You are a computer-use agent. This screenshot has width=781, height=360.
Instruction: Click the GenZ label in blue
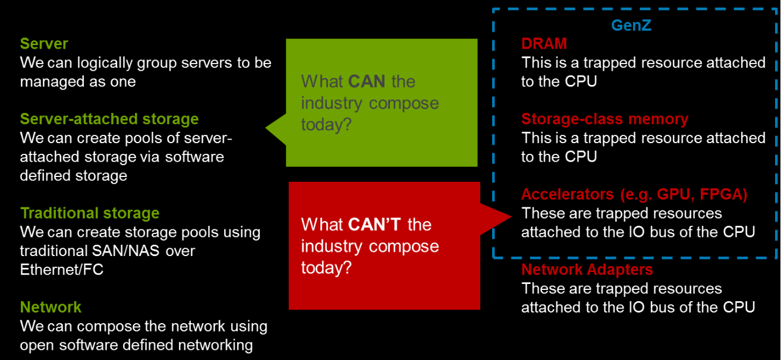(x=631, y=25)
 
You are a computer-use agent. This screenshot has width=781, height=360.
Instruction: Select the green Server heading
(x=44, y=44)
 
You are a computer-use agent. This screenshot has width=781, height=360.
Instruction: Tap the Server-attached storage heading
(x=109, y=119)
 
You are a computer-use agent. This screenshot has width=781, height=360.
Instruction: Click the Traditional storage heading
(x=90, y=213)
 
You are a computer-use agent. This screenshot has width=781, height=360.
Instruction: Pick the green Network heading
(x=51, y=307)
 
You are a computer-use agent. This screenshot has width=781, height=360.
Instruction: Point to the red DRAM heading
(x=544, y=43)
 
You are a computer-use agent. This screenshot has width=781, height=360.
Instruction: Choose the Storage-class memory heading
(x=605, y=119)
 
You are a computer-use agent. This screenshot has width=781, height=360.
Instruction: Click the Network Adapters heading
(x=587, y=269)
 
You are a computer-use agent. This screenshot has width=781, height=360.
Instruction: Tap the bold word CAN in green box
(x=367, y=81)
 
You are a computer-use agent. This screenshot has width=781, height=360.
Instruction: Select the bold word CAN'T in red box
(x=374, y=225)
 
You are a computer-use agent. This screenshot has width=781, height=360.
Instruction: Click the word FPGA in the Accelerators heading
(x=723, y=194)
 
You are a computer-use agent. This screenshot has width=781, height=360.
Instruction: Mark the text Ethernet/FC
(x=62, y=270)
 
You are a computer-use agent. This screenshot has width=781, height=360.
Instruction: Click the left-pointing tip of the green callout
(x=266, y=128)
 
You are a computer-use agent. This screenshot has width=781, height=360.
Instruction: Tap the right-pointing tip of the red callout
(x=511, y=217)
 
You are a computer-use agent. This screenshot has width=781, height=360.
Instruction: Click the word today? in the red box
(x=326, y=268)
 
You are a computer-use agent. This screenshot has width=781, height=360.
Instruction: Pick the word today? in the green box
(x=326, y=124)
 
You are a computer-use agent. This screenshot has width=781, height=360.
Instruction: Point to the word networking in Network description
(x=216, y=345)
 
